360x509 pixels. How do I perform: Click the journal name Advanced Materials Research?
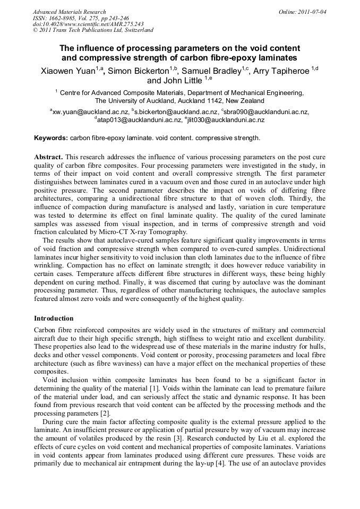(x=69, y=12)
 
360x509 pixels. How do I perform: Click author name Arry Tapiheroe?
(x=282, y=71)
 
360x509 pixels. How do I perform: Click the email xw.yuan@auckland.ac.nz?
(x=90, y=112)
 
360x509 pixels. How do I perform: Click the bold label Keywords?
(x=51, y=138)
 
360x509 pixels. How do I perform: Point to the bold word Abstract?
(x=48, y=158)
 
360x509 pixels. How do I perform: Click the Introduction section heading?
(x=54, y=318)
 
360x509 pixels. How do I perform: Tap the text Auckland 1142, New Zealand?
(x=220, y=101)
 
